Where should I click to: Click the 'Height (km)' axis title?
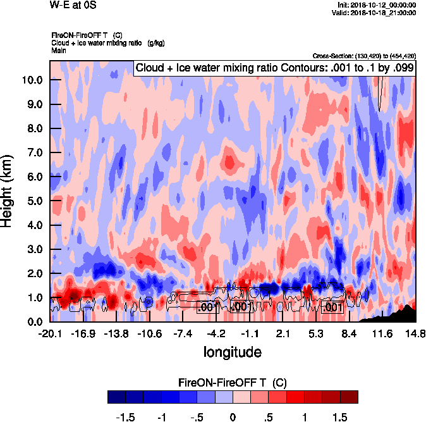point(8,191)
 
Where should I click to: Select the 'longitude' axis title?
point(233,351)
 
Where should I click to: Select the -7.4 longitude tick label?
point(183,333)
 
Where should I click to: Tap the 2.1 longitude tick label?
point(283,333)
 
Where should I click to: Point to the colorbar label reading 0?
point(233,418)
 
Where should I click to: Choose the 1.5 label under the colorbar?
point(341,418)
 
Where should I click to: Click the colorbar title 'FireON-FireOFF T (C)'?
point(233,382)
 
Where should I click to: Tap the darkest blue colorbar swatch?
point(116,397)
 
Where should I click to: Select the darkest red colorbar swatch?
point(349,397)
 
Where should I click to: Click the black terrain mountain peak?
point(409,306)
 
